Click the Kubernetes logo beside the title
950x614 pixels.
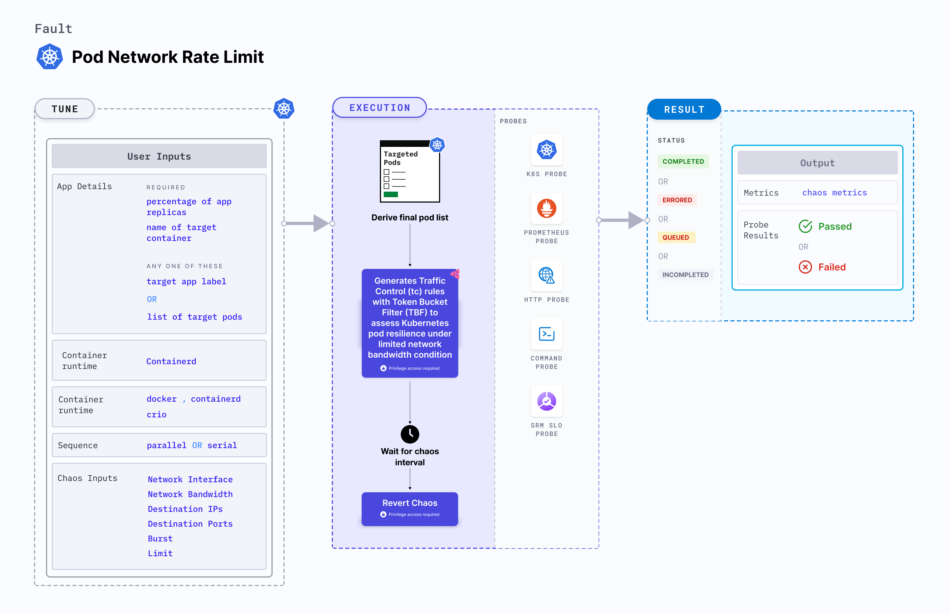tap(49, 57)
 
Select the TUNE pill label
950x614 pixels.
tap(65, 109)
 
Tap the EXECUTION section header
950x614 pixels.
tap(379, 108)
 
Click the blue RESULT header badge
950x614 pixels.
tap(684, 109)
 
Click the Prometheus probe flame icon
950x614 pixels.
tap(546, 208)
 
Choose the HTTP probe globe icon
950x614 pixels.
tap(546, 275)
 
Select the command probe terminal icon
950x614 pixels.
tap(546, 334)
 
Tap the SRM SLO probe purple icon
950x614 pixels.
tap(546, 401)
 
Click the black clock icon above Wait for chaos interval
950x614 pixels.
tap(409, 434)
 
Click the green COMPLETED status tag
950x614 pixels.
tap(683, 161)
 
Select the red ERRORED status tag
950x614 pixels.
tap(677, 200)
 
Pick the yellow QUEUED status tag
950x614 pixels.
tap(675, 237)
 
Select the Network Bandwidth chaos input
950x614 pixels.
tap(190, 494)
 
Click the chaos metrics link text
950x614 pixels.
tap(834, 193)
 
